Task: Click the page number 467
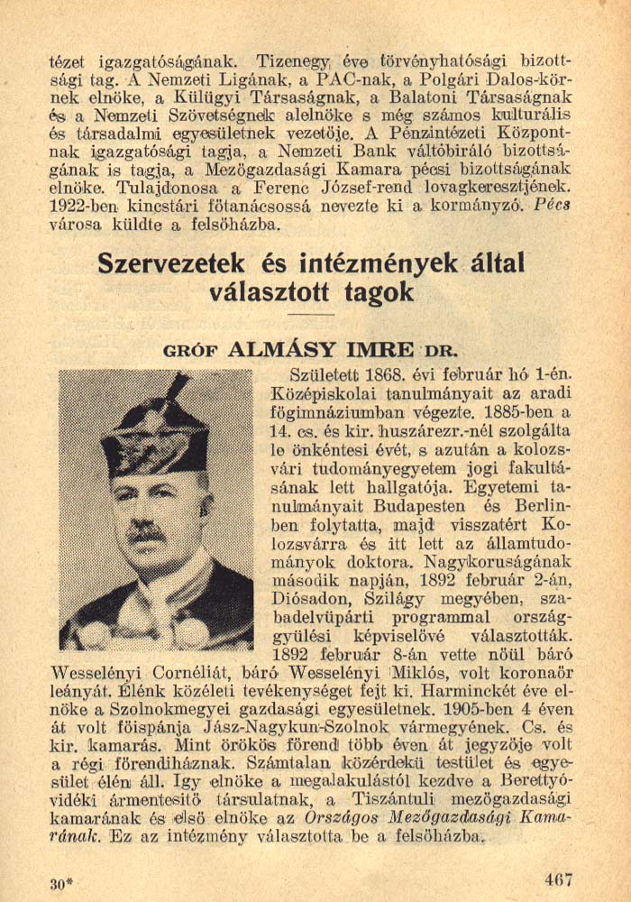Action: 558,879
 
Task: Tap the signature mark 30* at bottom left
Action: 62,884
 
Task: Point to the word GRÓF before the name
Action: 189,351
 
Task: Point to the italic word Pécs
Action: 553,204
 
